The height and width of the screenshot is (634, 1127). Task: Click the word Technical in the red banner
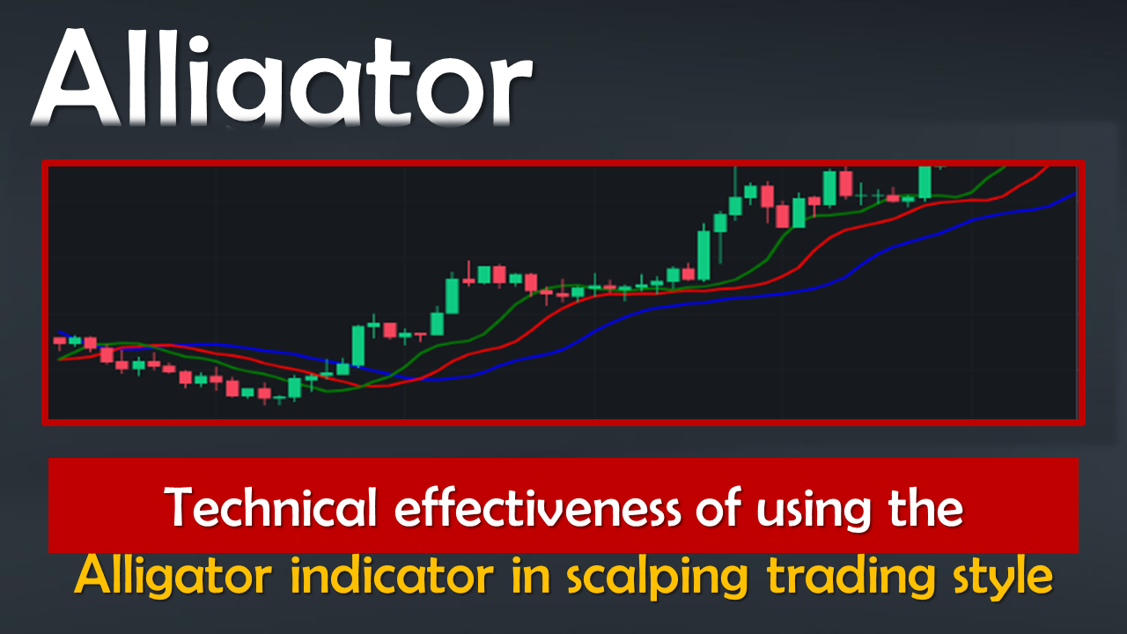270,506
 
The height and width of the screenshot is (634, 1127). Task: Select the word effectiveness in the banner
537,506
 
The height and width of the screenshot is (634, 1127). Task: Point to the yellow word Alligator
173,576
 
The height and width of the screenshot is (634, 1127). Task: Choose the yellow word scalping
658,577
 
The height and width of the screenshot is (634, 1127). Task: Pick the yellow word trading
851,577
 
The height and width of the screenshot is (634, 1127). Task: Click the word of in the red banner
718,506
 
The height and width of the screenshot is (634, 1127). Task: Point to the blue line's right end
1076,193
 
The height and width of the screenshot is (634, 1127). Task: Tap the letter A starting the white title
77,78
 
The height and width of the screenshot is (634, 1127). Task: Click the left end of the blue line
59,332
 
